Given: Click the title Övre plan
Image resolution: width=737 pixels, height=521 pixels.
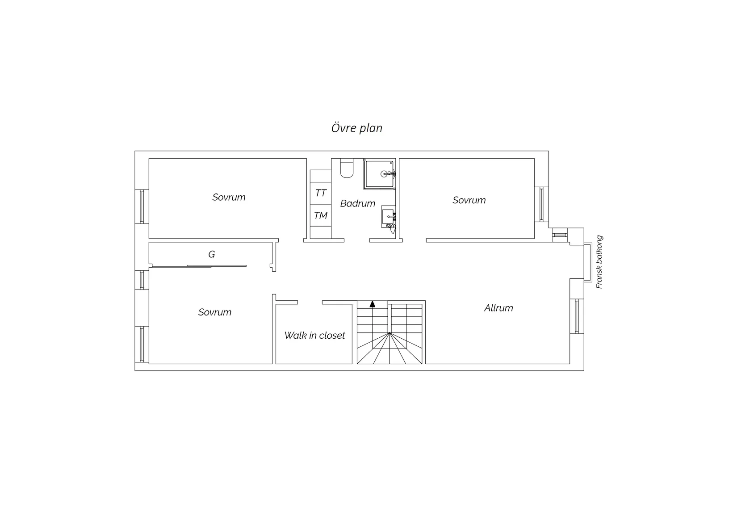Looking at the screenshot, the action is coord(356,128).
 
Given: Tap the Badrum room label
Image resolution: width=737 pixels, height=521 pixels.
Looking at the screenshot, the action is coord(358,203).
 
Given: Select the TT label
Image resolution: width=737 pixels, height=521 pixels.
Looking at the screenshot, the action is coord(321,193).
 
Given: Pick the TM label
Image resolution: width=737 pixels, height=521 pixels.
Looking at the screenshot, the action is coord(321,215).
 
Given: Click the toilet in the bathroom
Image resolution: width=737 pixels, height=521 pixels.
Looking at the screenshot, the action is coord(347,168).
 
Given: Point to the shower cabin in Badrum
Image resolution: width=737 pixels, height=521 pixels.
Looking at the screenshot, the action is coord(380,174).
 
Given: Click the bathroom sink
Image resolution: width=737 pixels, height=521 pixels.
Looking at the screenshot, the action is coord(388,217).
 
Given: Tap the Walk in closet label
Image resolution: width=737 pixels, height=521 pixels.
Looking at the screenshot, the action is coord(314,336).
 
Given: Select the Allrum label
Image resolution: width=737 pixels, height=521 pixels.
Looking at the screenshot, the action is coord(498,308).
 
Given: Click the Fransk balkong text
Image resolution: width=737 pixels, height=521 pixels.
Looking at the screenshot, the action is coord(599,262).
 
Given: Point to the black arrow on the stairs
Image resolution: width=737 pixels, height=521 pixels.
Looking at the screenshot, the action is coord(373,304).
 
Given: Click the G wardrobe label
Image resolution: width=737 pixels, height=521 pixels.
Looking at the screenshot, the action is coord(212,254).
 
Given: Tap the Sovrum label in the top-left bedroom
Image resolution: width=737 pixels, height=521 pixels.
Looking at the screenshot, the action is coord(229,197).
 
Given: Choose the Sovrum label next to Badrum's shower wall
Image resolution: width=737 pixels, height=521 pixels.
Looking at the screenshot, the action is coord(469,200).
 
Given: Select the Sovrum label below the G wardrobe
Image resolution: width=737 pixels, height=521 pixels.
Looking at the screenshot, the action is coord(214,312).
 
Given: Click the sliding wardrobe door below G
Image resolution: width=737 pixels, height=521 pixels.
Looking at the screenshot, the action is coord(199,266).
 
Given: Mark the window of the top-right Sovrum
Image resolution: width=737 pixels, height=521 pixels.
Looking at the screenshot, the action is coord(541,204).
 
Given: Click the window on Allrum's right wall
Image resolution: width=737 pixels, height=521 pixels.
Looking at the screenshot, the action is coord(577,316).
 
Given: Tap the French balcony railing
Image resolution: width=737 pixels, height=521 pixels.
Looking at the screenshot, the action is coord(588,263).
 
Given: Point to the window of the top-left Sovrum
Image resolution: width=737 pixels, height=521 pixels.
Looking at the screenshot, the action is coord(142,207).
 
